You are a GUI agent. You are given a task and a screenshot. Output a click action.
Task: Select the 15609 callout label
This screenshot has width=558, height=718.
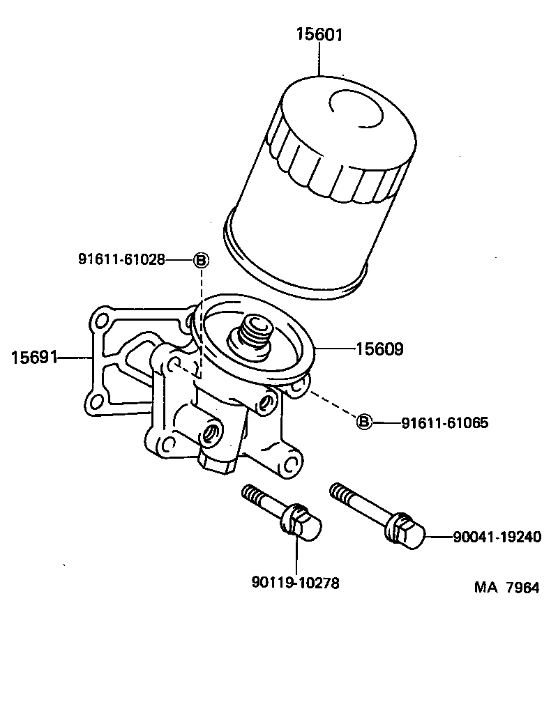pos(379,349)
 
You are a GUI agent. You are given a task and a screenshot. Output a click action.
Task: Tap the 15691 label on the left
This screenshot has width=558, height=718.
pos(34,358)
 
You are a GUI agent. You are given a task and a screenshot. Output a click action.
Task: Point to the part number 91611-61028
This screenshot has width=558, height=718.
pos(121,260)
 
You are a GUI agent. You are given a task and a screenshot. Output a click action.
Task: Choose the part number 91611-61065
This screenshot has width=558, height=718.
pos(444,422)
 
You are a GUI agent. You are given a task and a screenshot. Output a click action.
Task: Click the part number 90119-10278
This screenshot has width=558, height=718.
pos(295,583)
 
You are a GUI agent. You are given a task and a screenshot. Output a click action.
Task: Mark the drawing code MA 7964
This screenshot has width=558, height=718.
pos(507,587)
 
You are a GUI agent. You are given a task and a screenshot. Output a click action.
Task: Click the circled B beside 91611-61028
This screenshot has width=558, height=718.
pos(200,260)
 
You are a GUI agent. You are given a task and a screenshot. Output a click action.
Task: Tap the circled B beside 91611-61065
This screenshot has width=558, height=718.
pos(364,422)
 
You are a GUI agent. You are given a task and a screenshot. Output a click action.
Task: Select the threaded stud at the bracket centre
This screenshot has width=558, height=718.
pos(252,334)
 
